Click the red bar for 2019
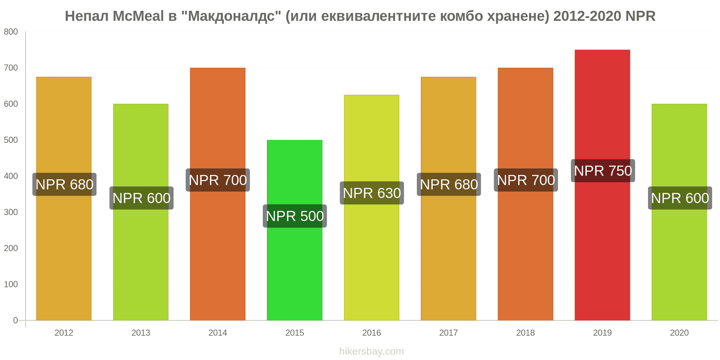[603, 185]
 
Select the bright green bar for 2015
[294, 230]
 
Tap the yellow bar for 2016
[372, 207]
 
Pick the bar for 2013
[141, 212]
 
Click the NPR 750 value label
[603, 171]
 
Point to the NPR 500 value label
[295, 216]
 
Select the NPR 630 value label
[372, 193]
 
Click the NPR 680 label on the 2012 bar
[64, 184]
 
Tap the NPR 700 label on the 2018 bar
[526, 180]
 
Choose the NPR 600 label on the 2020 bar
[680, 198]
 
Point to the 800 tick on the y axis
[11, 32]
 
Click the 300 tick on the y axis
[11, 212]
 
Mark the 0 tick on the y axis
[15, 320]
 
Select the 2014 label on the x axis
[218, 333]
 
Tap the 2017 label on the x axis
[448, 333]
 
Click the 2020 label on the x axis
[679, 333]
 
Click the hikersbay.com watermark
[372, 351]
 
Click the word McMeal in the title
[138, 16]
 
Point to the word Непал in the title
[87, 16]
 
